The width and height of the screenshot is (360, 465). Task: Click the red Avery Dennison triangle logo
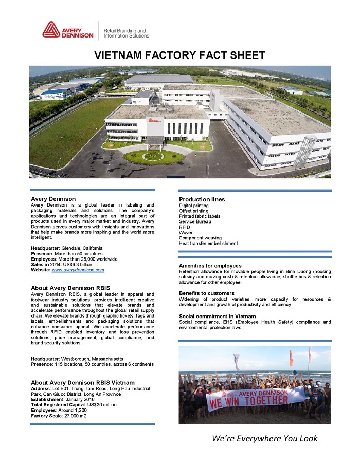click(x=51, y=29)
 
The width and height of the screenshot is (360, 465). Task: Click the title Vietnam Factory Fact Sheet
click(x=180, y=55)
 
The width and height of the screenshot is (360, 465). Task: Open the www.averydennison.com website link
click(x=78, y=270)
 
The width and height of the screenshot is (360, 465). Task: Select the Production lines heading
click(x=202, y=199)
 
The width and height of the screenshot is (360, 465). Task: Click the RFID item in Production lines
click(x=184, y=227)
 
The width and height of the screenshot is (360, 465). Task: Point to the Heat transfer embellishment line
click(x=208, y=244)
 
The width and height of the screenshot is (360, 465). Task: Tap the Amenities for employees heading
click(x=210, y=266)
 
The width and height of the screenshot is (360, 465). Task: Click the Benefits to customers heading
click(x=207, y=293)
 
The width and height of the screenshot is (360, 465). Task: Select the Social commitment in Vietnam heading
click(x=217, y=316)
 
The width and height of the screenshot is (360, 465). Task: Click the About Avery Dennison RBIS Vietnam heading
click(x=83, y=383)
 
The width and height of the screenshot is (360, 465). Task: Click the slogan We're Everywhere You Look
click(x=265, y=438)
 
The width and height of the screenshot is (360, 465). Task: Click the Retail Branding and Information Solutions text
click(x=126, y=33)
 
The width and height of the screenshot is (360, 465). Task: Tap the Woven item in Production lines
click(x=186, y=233)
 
